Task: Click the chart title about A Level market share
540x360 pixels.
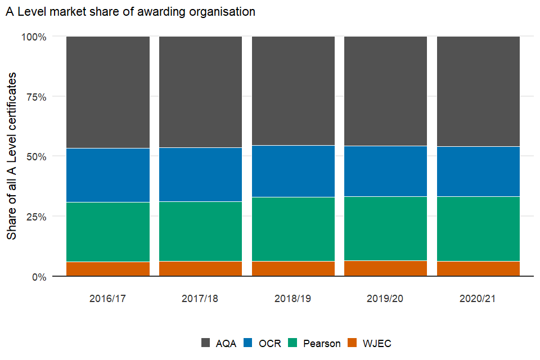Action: tap(130, 12)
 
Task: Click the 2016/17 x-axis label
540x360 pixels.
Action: tap(107, 298)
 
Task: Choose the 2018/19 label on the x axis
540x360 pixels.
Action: tap(292, 298)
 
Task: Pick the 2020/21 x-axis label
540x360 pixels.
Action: tap(478, 298)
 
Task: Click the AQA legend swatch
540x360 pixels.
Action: tap(206, 343)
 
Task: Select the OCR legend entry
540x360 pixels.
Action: tap(262, 343)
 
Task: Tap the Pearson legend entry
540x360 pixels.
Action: tap(314, 343)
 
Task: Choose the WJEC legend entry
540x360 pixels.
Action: tap(370, 343)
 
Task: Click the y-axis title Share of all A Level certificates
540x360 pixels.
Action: tap(12, 156)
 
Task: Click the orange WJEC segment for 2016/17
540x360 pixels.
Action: tap(107, 269)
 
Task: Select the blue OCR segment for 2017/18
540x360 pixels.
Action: tap(200, 174)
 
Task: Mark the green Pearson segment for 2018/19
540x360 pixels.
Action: tap(292, 229)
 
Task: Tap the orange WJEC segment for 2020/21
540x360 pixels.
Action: tap(478, 269)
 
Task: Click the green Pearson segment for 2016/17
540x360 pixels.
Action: tap(107, 232)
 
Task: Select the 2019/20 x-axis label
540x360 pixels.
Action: tap(385, 298)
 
